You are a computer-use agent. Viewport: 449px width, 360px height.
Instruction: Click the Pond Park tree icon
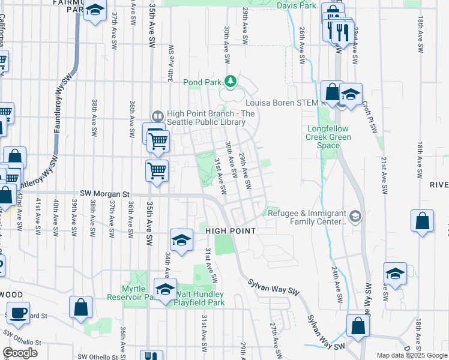230,80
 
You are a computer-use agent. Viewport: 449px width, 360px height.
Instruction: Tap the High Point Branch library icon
158,116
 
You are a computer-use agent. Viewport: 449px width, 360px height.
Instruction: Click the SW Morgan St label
105,194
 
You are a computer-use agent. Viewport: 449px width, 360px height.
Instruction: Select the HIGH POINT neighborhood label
231,231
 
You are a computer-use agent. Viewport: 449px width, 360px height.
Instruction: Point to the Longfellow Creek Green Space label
328,133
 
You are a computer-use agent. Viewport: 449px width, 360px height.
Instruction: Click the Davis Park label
297,5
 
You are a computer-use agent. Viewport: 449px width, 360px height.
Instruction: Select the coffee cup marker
19,313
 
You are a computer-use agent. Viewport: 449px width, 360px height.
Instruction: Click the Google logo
20,353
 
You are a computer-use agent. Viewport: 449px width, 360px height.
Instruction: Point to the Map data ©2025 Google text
411,355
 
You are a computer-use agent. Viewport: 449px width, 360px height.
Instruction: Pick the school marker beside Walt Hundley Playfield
166,289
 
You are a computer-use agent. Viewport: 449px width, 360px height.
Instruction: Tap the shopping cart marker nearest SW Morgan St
157,170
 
